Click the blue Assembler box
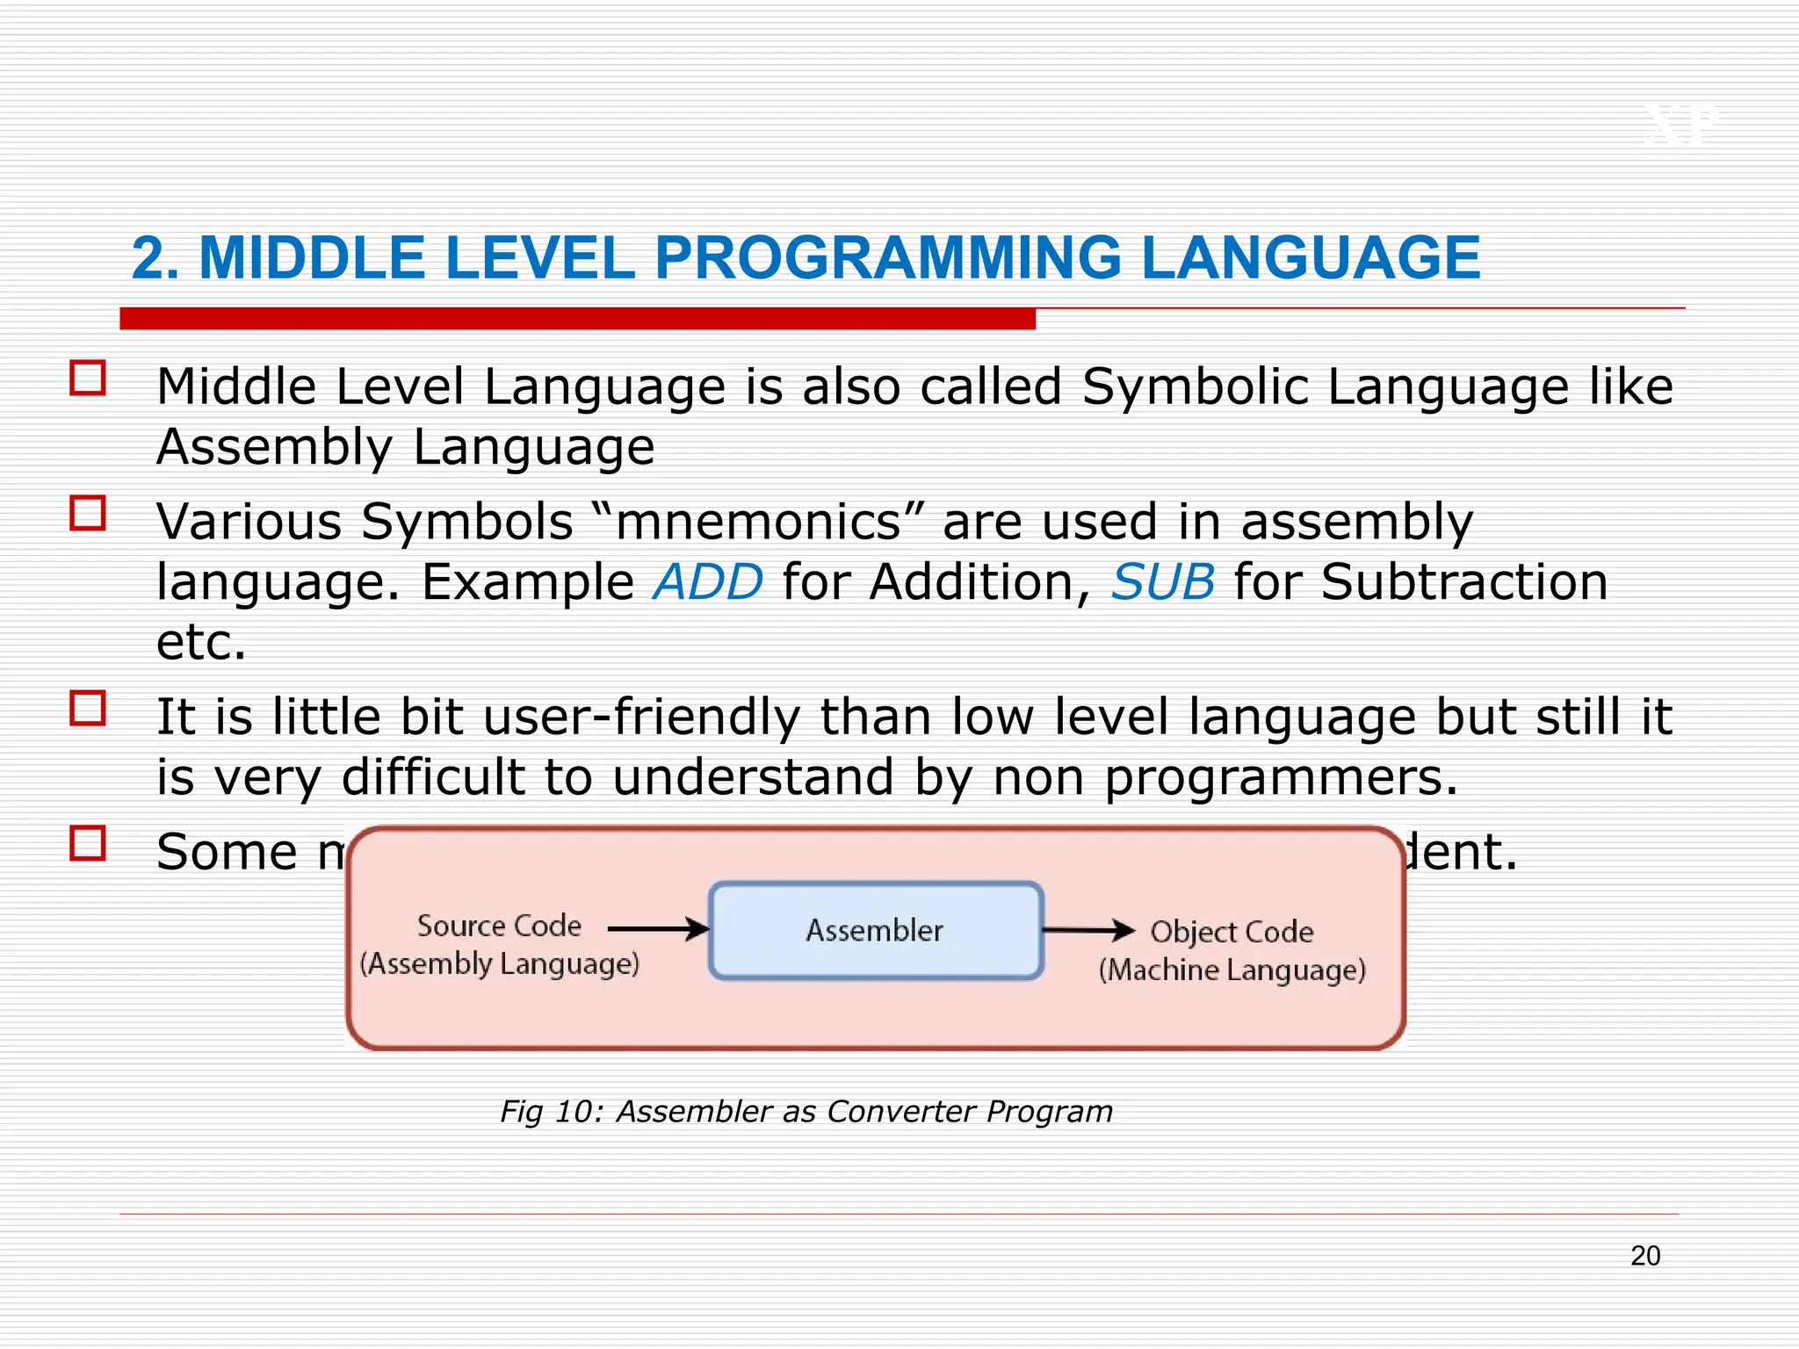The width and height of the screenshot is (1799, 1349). tap(876, 930)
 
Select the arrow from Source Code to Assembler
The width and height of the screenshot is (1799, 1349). tap(658, 928)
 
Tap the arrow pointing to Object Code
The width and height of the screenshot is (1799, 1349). tap(1088, 930)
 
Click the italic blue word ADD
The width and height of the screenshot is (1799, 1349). tap(708, 582)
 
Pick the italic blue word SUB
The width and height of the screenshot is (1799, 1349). tap(1163, 582)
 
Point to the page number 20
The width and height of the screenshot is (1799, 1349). tap(1645, 1256)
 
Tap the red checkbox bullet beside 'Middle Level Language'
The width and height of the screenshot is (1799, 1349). tap(88, 379)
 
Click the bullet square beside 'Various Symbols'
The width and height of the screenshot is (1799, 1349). tap(88, 514)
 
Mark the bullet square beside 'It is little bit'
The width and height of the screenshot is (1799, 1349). tap(88, 709)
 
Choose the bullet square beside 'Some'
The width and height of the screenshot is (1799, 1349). tap(88, 844)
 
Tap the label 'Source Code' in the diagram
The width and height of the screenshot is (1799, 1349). tap(499, 926)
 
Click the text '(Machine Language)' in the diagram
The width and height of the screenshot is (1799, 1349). tap(1232, 970)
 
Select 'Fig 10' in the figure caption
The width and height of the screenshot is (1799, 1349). tap(547, 1112)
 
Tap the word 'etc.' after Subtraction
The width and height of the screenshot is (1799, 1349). tap(201, 642)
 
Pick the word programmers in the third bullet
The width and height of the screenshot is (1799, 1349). tap(1280, 778)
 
